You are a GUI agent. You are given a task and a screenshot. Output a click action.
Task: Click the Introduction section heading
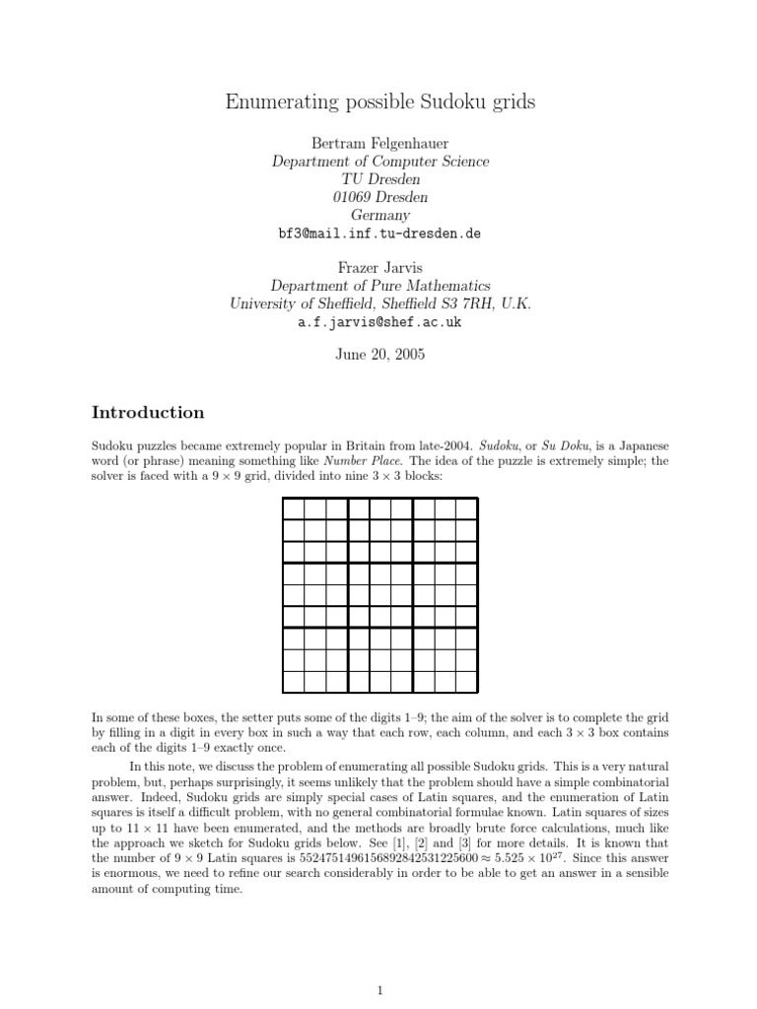click(148, 412)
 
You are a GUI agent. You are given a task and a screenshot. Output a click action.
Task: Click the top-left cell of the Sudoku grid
click(294, 508)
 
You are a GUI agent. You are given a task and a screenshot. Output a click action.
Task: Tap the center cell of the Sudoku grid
click(380, 594)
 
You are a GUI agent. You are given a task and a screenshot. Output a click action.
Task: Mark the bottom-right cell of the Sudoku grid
click(467, 681)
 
